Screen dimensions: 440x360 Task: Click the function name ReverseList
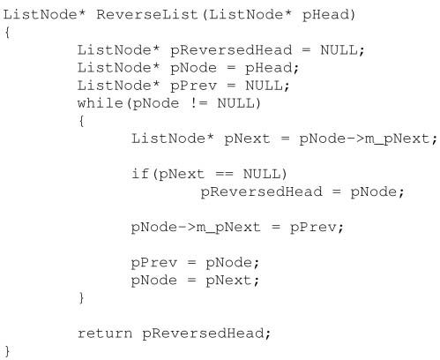(x=147, y=14)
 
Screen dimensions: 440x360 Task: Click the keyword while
(x=101, y=103)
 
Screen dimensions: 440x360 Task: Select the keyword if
(x=140, y=174)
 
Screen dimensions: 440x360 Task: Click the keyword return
(x=105, y=334)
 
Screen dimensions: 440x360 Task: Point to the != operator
(x=199, y=103)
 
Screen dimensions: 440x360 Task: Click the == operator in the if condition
(x=225, y=174)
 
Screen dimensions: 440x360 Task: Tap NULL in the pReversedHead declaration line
(x=339, y=50)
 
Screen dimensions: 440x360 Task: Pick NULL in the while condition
(x=235, y=103)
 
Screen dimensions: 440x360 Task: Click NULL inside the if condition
(x=262, y=174)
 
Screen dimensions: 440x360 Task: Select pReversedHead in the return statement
(x=204, y=334)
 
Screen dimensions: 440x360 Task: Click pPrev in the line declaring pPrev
(x=193, y=86)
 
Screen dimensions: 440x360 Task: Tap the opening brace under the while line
(x=82, y=121)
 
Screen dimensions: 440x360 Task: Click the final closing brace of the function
(x=7, y=352)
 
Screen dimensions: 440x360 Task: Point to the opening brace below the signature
(x=7, y=33)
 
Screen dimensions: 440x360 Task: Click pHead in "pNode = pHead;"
(x=268, y=69)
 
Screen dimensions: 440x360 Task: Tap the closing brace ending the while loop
(x=82, y=298)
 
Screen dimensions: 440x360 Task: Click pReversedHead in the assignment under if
(x=261, y=192)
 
